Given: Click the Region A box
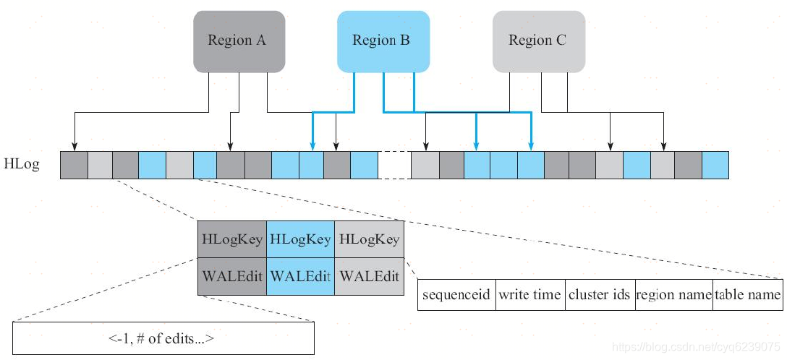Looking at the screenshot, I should pos(237,41).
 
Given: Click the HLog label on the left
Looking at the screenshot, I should pos(22,166).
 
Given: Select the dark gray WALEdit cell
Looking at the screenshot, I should pos(232,277).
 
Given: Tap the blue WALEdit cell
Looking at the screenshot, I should pos(300,277).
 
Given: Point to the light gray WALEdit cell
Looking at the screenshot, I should pos(369,277).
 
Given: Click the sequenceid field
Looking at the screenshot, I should pos(456,295).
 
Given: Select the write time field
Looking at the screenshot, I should pos(530,295).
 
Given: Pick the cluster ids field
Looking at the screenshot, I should pos(600,295).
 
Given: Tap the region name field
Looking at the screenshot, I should pos(674,295).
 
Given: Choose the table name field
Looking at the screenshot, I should pos(748,295).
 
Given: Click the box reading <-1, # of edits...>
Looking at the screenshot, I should pos(163,338).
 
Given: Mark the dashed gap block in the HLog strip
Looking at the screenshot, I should pos(394,166).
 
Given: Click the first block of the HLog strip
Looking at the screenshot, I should pos(74,166).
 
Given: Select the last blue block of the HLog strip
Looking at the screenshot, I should pos(715,166).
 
